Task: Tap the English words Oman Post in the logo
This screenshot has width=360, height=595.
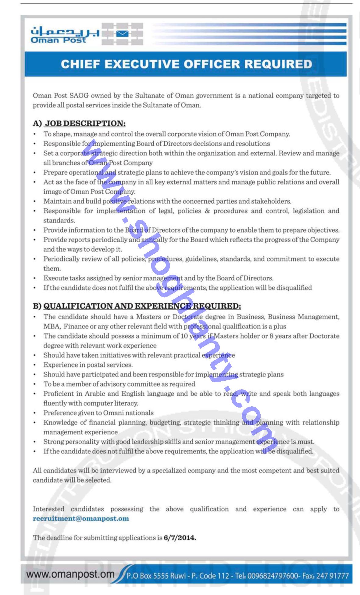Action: tap(58, 40)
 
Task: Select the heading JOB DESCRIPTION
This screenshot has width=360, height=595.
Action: tap(85, 123)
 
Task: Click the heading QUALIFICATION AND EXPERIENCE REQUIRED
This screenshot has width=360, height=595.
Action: tap(142, 306)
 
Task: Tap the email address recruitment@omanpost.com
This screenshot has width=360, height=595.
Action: tap(81, 518)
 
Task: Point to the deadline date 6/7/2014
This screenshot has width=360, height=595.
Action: tap(180, 538)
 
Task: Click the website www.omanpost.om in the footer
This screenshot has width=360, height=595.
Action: tap(70, 574)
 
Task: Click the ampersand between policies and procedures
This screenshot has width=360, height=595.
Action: tap(207, 211)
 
